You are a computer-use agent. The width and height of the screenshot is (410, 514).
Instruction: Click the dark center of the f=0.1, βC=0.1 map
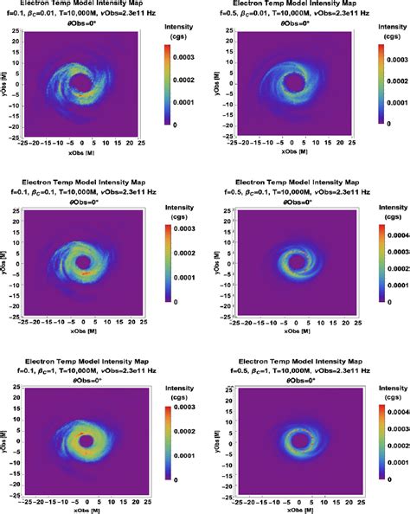83,262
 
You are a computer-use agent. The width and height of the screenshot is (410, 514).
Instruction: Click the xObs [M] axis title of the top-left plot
83,155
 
